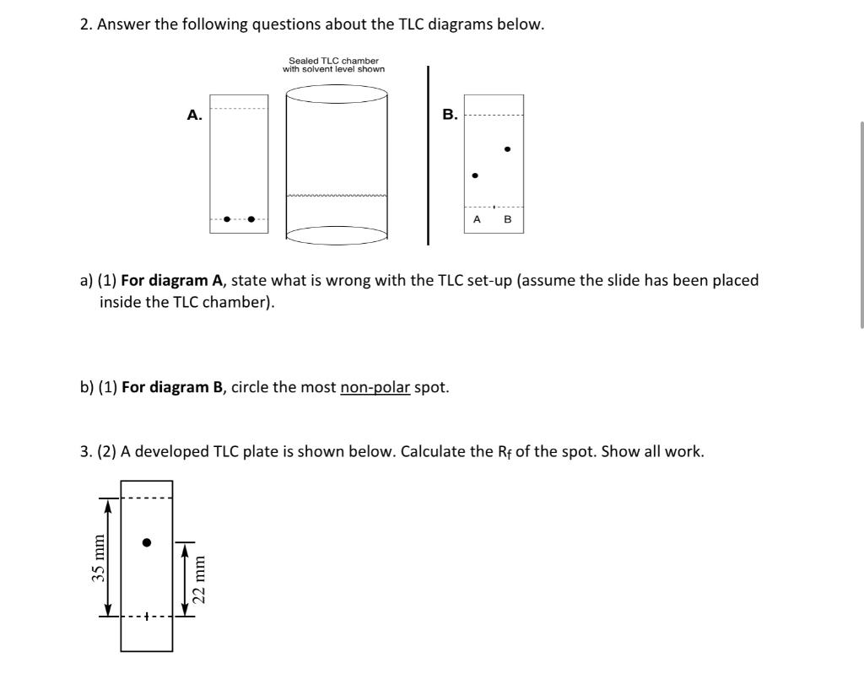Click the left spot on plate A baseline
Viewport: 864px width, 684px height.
coord(226,220)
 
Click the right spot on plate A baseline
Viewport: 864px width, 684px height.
coord(251,220)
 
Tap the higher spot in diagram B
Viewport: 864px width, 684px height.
coord(506,149)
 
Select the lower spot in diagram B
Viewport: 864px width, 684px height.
coord(475,175)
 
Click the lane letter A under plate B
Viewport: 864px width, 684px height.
coord(477,219)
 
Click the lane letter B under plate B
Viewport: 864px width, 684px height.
coord(507,219)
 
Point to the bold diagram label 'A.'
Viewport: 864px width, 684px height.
coord(194,116)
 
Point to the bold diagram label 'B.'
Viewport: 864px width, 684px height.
coord(450,115)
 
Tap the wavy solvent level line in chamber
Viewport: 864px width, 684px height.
coord(337,196)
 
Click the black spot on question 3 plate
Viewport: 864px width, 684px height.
coord(147,542)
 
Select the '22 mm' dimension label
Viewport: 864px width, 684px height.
coord(199,578)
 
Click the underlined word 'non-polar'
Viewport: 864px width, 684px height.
coord(375,388)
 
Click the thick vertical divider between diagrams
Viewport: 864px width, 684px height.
coord(428,155)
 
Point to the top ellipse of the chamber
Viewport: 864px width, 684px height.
coord(337,94)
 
